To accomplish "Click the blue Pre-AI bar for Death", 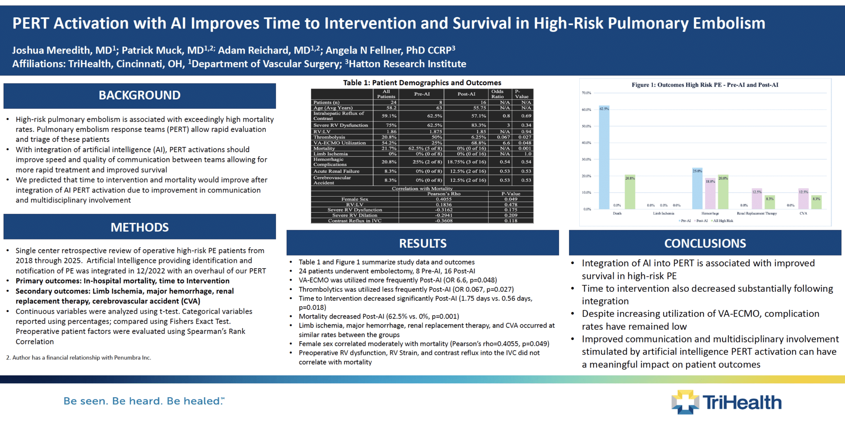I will [604, 158].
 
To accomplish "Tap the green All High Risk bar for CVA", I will [816, 202].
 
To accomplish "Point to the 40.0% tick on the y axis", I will [586, 143].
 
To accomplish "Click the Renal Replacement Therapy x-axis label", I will [757, 213].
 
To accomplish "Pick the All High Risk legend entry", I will [723, 221].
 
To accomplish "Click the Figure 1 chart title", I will [705, 85].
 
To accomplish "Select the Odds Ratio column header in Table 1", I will [497, 94].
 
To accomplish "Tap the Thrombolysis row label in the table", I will [329, 137].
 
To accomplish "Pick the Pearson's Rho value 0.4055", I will [444, 199].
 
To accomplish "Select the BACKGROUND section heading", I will [139, 96].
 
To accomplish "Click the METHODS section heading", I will [139, 227].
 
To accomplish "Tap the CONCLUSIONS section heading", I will [705, 244].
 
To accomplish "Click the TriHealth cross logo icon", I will [685, 402].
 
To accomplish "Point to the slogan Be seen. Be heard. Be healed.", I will [144, 401].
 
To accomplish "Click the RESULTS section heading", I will [422, 244].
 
